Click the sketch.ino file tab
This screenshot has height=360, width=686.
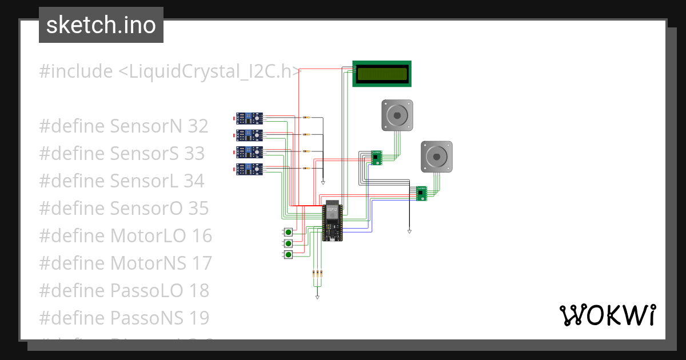click(x=101, y=25)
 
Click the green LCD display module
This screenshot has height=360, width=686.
click(x=382, y=74)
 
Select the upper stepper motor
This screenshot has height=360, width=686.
click(x=397, y=115)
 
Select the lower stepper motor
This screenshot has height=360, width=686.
click(x=437, y=156)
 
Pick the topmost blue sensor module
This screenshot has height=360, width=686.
click(x=250, y=118)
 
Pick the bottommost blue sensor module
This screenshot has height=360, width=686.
click(x=250, y=169)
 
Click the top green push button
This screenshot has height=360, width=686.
click(x=288, y=232)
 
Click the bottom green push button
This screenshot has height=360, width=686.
click(x=288, y=254)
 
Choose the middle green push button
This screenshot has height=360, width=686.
click(x=288, y=243)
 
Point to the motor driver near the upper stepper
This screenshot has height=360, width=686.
click(x=376, y=157)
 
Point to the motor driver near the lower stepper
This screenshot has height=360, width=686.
click(x=421, y=194)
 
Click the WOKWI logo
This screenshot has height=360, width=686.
click(x=607, y=315)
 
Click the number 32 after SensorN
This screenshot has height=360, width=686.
click(x=198, y=126)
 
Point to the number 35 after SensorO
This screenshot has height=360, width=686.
click(x=198, y=208)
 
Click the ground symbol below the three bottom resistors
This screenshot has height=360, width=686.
click(x=317, y=297)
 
